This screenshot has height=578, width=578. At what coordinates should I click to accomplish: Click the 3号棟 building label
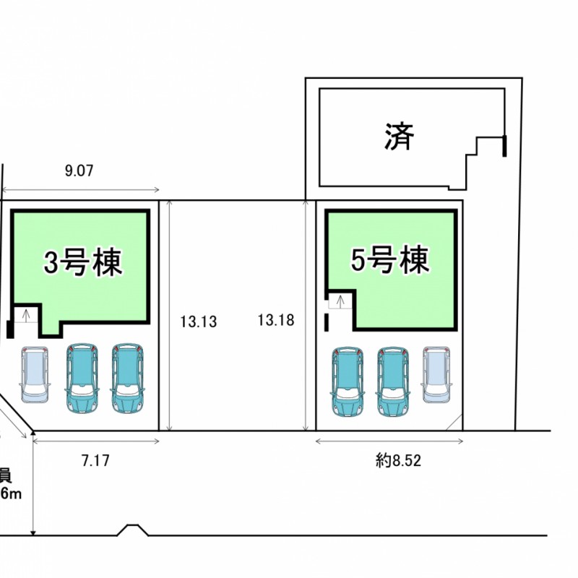pos(83,262)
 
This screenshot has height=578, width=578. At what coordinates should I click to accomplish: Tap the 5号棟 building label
pos(390,260)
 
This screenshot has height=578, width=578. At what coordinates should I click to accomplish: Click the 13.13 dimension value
pos(199,319)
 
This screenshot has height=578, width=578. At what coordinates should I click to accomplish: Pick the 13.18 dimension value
pos(275,319)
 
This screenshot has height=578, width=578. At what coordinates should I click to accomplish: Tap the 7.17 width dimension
pos(95,460)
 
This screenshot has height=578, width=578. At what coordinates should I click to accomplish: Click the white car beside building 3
pos(35,374)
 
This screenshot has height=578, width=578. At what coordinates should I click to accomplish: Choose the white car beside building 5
pos(436,374)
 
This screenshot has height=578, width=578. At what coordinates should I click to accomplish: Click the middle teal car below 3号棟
pos(82,378)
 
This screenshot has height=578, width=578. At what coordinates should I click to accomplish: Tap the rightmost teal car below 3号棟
pos(127,378)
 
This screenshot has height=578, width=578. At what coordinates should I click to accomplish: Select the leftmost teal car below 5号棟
pos(348,382)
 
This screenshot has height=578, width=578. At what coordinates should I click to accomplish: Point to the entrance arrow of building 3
pos(27,314)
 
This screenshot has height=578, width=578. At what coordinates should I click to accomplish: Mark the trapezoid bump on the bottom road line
pos(132,530)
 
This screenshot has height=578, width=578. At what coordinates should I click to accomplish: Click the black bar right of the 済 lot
pos(504,144)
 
